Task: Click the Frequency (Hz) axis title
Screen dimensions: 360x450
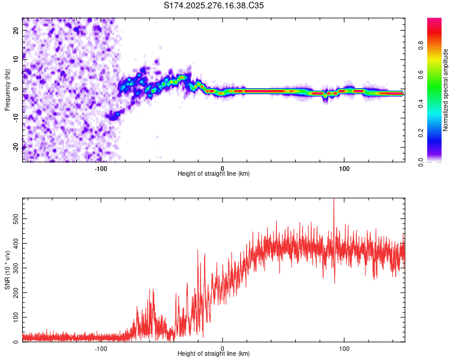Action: (7, 90)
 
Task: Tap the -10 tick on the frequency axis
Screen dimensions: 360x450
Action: (17, 118)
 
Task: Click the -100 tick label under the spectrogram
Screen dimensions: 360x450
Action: (101, 169)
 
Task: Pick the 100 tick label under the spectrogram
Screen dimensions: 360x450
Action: (344, 169)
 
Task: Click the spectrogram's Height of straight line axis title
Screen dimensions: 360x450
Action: (214, 174)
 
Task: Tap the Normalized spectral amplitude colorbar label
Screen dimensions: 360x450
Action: (446, 90)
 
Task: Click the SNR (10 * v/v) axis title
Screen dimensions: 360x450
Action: (7, 270)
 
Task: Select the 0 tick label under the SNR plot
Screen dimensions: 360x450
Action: (223, 349)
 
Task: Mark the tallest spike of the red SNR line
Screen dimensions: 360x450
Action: (334, 200)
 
